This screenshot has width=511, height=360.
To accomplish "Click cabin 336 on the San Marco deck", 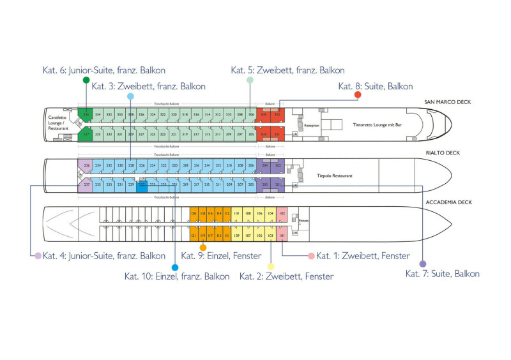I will pos(86,114).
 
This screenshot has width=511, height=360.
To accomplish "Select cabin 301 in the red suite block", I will pos(278,134).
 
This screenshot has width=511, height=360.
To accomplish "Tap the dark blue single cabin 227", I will pos(142,184).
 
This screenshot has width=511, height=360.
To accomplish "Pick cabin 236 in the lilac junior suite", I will pos(86,165).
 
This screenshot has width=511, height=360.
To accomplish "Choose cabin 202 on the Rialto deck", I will pos(278,165).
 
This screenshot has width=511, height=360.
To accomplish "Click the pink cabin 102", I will pos(282,213).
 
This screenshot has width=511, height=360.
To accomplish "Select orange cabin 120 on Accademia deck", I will pos(194,213).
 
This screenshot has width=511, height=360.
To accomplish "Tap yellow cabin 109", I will pos(237,236).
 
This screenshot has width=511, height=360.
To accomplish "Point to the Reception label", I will pos(311,126).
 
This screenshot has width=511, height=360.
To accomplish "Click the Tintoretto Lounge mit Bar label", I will pos(371,126).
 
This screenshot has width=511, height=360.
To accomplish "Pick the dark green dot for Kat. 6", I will pos(86,79).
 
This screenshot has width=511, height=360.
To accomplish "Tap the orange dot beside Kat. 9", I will pos(203,247).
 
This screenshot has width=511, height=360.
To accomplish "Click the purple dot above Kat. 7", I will pos(422,264).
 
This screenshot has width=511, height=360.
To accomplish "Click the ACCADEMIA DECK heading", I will pos(448,202).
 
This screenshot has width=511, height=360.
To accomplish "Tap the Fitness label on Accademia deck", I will pos(305,220).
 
